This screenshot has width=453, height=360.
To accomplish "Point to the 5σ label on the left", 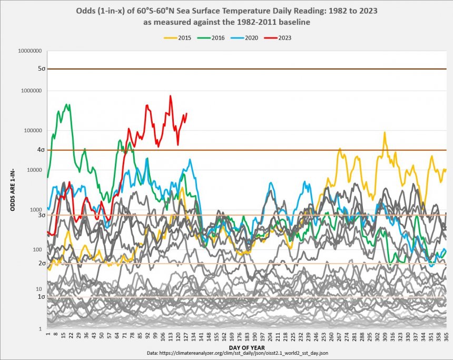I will pos(41,69).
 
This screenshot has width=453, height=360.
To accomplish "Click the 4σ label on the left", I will pos(41,150).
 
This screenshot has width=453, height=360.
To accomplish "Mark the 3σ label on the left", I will pos(41,215).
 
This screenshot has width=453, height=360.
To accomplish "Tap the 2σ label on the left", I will pos(41,263).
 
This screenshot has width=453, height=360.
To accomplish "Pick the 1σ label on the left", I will pos(41,297).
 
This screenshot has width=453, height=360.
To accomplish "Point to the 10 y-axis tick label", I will pos(39,289).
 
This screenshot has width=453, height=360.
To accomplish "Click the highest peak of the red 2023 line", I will pos(171,96).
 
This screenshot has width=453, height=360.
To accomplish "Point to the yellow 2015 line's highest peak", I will pos(385,133).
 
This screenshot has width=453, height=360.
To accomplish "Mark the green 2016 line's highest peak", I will pos(67,104).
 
